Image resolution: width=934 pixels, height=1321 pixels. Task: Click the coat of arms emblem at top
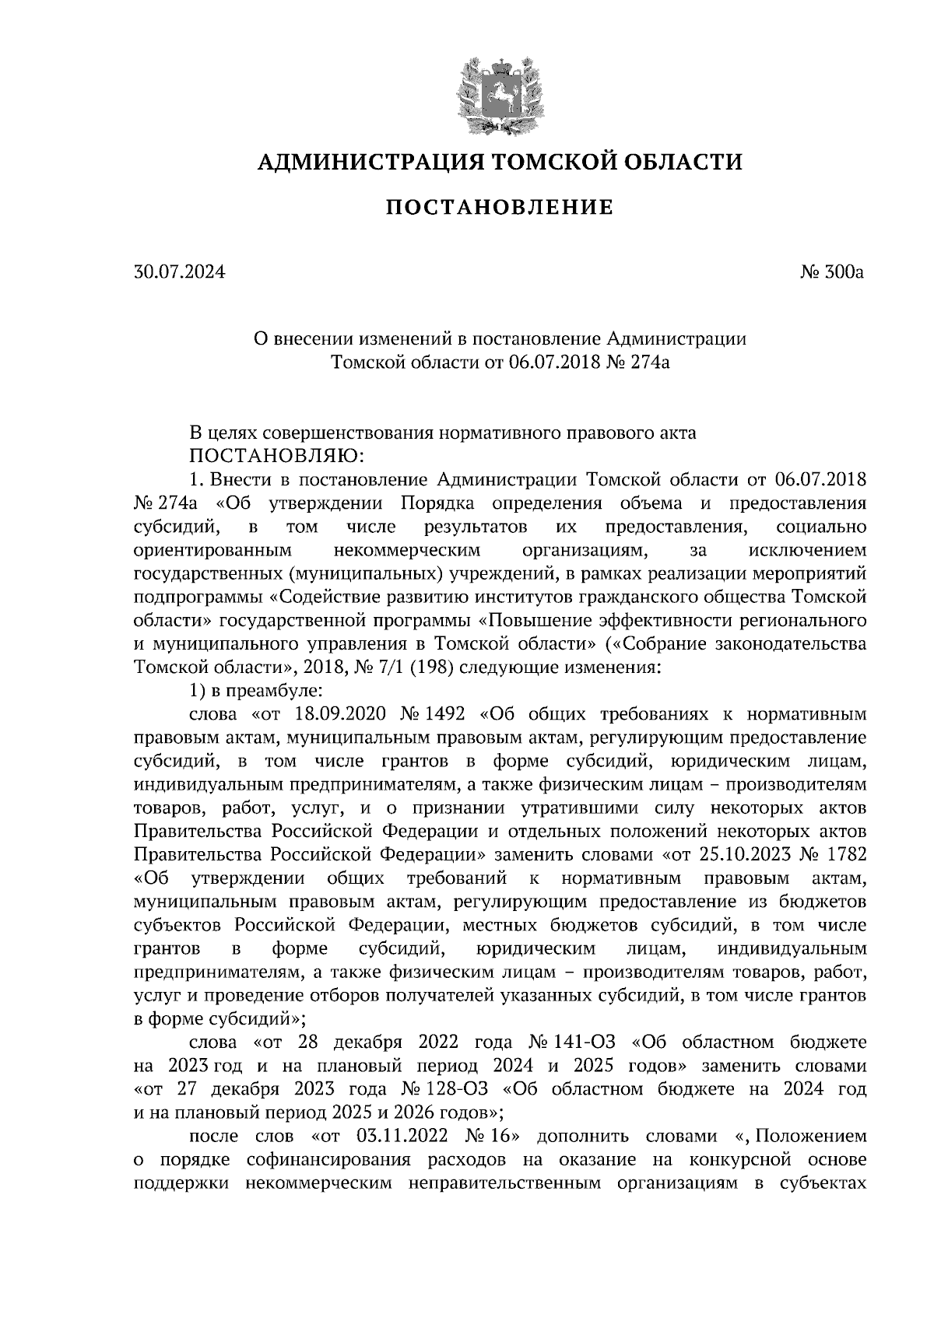500,94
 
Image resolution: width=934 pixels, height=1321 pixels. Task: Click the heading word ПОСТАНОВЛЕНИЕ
500,208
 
